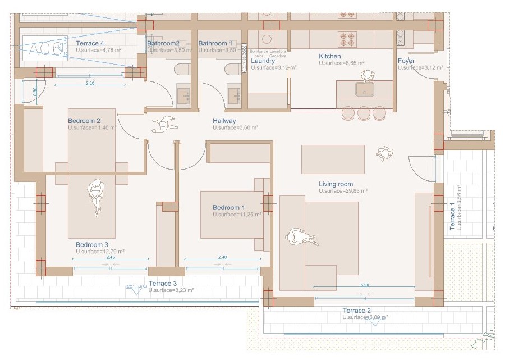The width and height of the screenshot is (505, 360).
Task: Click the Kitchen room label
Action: click(x=329, y=56)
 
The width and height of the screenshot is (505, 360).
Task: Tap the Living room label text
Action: click(x=336, y=184)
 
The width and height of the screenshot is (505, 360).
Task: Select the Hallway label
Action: click(x=224, y=121)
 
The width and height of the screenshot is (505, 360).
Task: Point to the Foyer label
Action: click(x=406, y=61)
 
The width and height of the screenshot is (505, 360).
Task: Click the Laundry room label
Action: click(x=263, y=61)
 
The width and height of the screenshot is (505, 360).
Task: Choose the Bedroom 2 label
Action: click(x=84, y=121)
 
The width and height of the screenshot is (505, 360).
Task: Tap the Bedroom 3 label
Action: click(x=92, y=245)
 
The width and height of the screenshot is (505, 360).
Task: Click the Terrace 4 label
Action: click(x=90, y=43)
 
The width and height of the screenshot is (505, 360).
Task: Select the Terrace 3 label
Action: click(x=163, y=284)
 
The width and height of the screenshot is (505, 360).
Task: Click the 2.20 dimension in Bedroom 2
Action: click(x=90, y=83)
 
